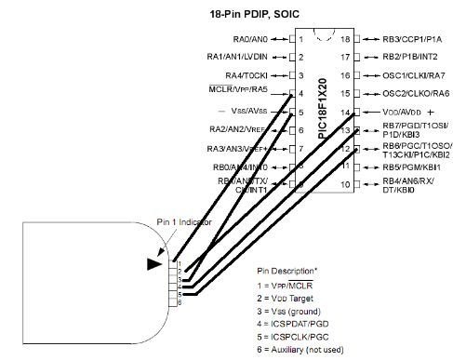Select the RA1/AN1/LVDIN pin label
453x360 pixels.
(237, 58)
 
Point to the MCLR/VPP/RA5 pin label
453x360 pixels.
(239, 92)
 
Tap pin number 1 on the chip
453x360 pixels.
(300, 40)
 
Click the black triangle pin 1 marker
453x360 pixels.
(154, 264)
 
